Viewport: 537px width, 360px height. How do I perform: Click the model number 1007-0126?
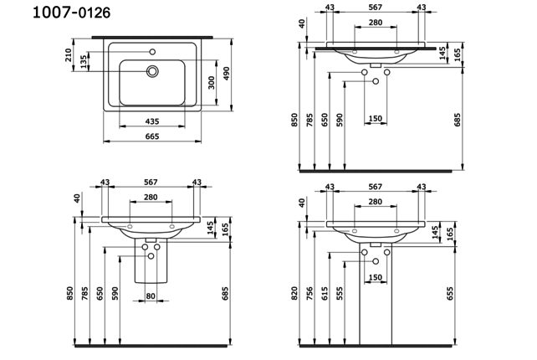click(59, 13)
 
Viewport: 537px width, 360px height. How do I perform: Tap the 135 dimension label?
click(84, 63)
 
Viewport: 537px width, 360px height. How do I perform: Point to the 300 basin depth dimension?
click(212, 81)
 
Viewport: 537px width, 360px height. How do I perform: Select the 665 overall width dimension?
click(152, 136)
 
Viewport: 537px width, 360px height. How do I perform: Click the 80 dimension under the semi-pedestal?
click(151, 295)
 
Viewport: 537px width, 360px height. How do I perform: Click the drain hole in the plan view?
click(153, 72)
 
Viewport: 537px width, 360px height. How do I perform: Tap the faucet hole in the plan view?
click(152, 52)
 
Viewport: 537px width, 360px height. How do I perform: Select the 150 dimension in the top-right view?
click(375, 118)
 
